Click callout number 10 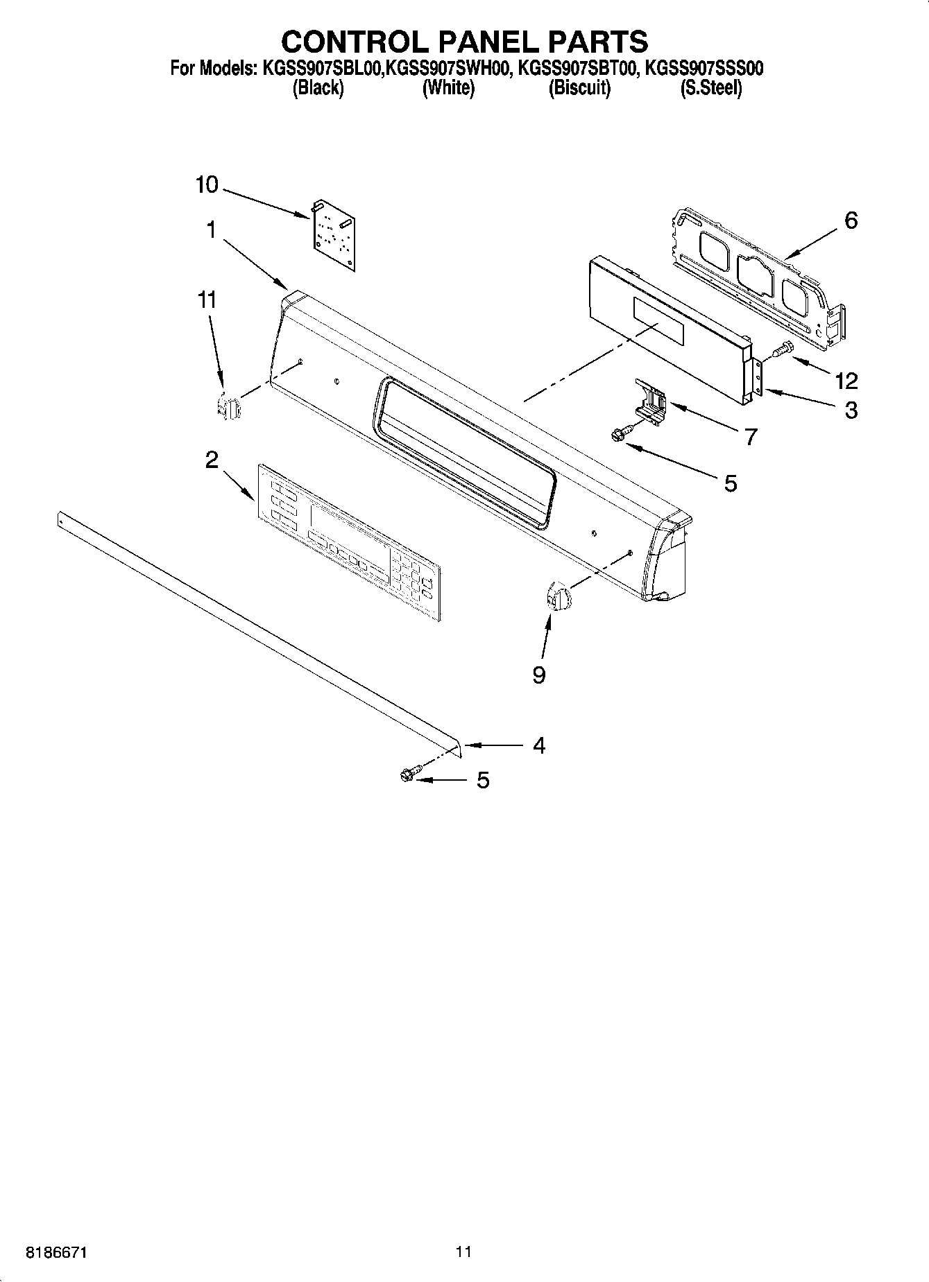click(x=207, y=185)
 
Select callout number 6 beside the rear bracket click(x=851, y=220)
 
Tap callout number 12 click(x=846, y=380)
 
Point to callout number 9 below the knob click(x=539, y=675)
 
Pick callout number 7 click(x=750, y=437)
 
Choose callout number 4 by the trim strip click(x=539, y=745)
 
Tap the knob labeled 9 click(x=557, y=596)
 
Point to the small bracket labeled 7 click(x=652, y=401)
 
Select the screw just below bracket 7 click(x=620, y=433)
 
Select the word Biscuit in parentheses click(x=579, y=88)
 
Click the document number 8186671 click(x=58, y=1252)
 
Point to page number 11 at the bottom click(x=463, y=1251)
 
